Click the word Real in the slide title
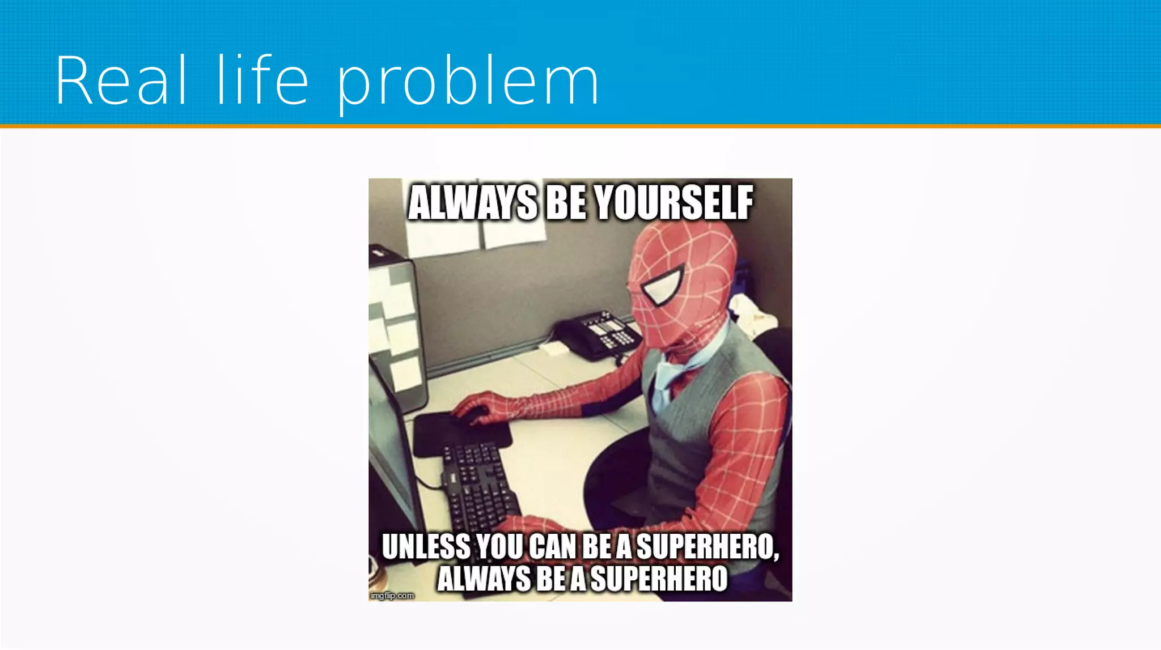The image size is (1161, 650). click(x=121, y=80)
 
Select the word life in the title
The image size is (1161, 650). click(x=262, y=80)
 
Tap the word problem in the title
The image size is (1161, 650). click(x=468, y=82)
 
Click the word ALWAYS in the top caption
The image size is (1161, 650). click(x=472, y=203)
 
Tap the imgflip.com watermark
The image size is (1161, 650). click(x=392, y=596)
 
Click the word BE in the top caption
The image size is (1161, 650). click(x=565, y=203)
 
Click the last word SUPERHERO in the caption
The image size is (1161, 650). click(x=659, y=579)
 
